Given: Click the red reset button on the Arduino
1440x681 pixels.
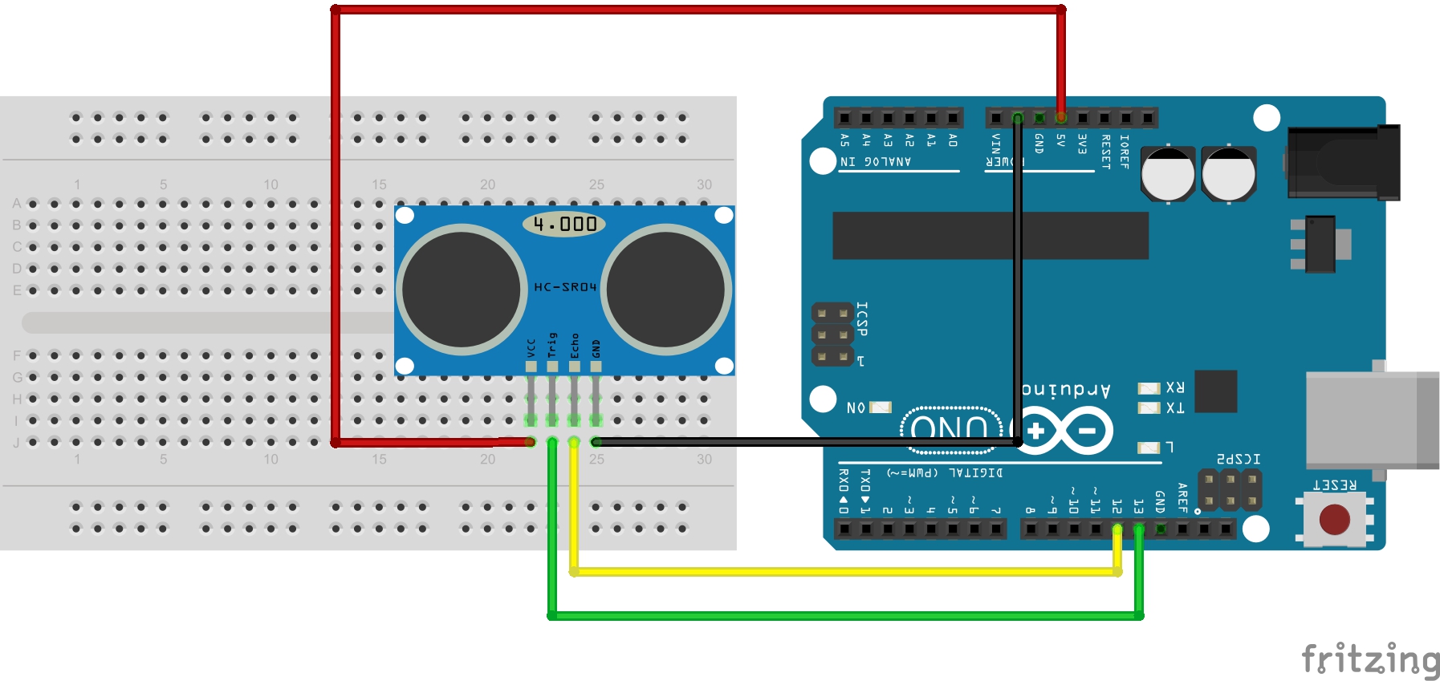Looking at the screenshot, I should click(1334, 519).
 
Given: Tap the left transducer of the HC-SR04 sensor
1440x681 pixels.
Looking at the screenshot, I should click(461, 289).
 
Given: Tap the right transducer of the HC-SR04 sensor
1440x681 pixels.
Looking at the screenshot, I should click(666, 289).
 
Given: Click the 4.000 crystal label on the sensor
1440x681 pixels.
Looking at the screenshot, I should click(564, 224).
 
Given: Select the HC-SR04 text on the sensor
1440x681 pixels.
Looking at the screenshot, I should click(565, 286).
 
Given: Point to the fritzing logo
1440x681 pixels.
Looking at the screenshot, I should click(1369, 659).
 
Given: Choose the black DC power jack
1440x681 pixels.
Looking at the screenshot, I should click(1343, 162).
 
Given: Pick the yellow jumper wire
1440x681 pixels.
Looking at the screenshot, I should click(843, 572).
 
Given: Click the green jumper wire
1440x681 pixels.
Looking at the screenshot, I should click(843, 616).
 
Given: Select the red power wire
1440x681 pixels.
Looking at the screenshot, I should click(698, 10).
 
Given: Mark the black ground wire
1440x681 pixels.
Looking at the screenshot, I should click(803, 442).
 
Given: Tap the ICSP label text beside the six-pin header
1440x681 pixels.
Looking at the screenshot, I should click(862, 318).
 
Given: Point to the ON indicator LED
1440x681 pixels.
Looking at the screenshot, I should click(881, 407).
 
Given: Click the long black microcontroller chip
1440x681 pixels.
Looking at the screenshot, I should click(990, 236).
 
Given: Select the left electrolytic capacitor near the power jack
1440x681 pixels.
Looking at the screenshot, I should click(1168, 174).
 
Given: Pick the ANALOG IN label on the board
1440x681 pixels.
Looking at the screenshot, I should click(876, 162).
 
